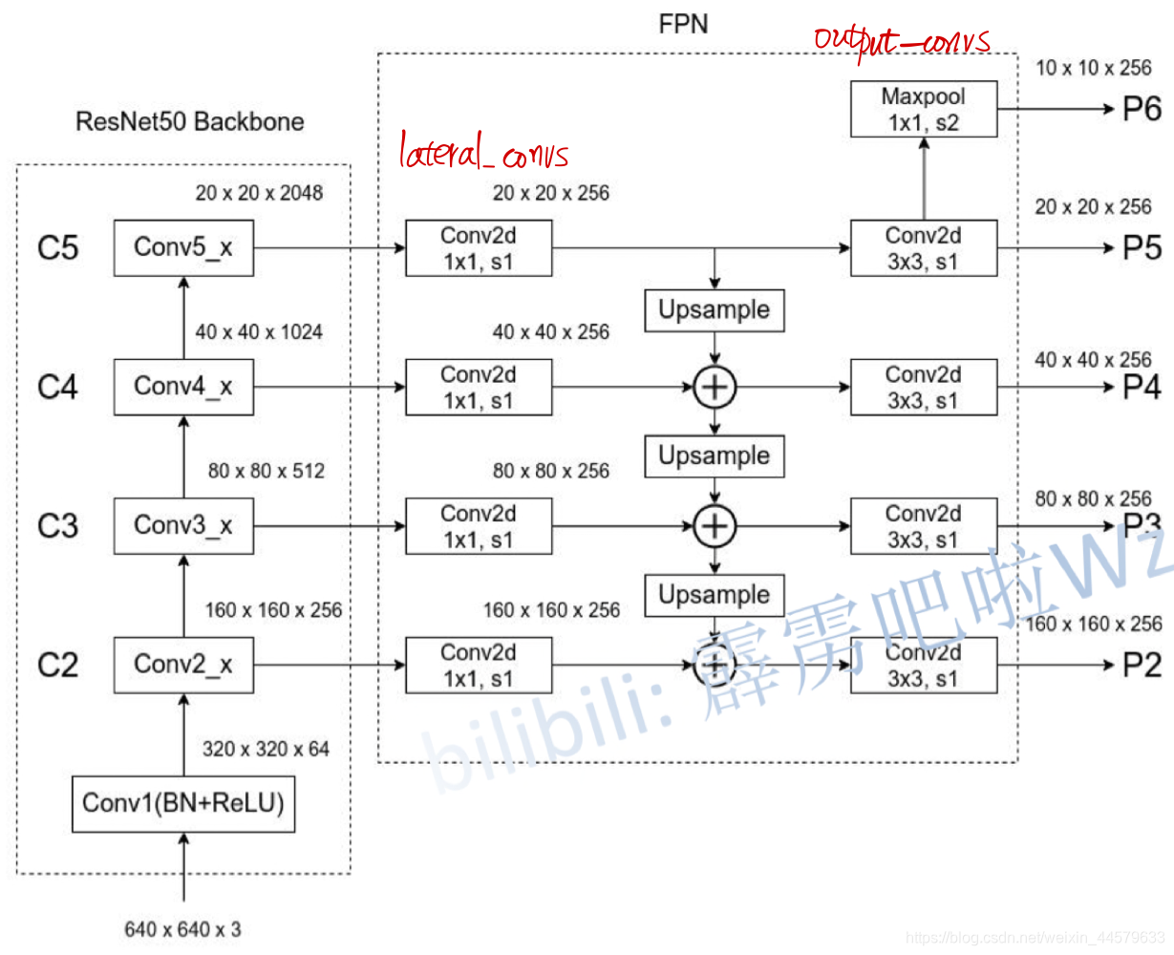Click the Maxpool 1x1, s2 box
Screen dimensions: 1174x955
[x=924, y=109]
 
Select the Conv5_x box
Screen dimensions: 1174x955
[x=183, y=248]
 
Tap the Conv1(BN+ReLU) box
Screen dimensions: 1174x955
[x=183, y=804]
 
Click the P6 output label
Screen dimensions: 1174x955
[x=1142, y=109]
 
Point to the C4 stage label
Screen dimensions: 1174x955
[x=58, y=387]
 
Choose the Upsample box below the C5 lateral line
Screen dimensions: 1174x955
[x=715, y=310]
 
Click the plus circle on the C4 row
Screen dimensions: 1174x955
[x=715, y=388]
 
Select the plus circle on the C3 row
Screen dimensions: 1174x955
[x=715, y=526]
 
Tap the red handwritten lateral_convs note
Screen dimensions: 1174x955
[x=483, y=150]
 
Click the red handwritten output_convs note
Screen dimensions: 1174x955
[x=903, y=41]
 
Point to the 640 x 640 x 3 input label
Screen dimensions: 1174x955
[x=183, y=929]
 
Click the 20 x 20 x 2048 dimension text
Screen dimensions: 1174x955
[x=259, y=193]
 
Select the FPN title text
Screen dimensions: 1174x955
[x=683, y=24]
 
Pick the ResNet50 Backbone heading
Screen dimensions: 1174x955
[x=189, y=121]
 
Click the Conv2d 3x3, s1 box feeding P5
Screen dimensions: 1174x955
[x=924, y=248]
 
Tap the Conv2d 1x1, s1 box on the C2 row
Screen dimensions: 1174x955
[x=479, y=665]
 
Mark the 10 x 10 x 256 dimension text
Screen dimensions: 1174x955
[x=1094, y=68]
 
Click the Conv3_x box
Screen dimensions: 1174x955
[x=183, y=526]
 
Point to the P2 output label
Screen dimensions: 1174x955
[x=1142, y=665]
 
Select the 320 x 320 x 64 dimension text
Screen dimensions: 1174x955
[x=266, y=749]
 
